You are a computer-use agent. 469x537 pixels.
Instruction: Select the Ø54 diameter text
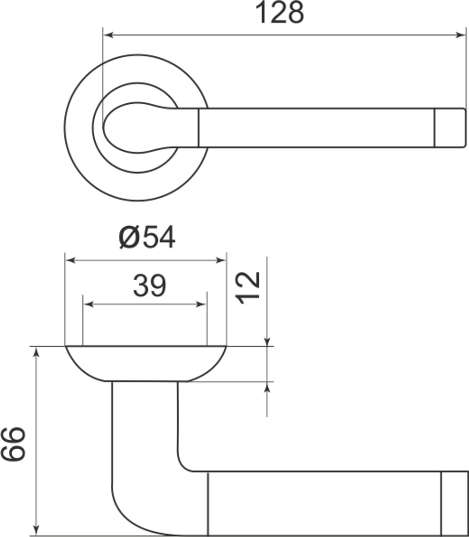[x=147, y=238]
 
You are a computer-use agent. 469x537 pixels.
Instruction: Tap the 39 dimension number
[x=149, y=286]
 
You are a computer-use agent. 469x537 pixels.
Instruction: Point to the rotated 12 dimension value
[x=249, y=287]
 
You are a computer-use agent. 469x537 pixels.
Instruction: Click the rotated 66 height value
[x=13, y=445]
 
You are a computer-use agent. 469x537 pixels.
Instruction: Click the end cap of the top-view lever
[x=450, y=128]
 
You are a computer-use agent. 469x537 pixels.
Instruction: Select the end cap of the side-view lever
[x=454, y=503]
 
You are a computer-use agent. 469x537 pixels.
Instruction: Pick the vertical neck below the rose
[x=145, y=422]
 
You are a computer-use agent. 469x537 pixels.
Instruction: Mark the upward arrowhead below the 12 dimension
[x=267, y=387]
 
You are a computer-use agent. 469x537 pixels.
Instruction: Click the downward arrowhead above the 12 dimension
[x=267, y=341]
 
